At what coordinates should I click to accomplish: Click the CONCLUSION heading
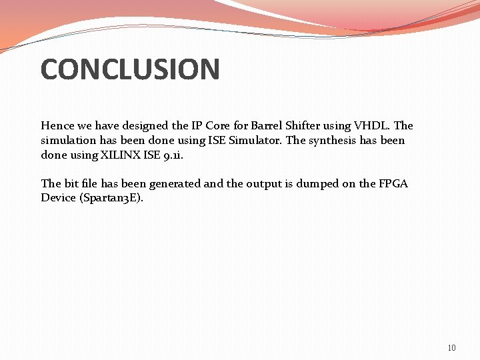coord(130,69)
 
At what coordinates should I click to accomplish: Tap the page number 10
coord(452,347)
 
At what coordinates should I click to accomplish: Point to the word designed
coord(141,125)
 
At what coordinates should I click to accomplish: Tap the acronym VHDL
coord(374,125)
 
